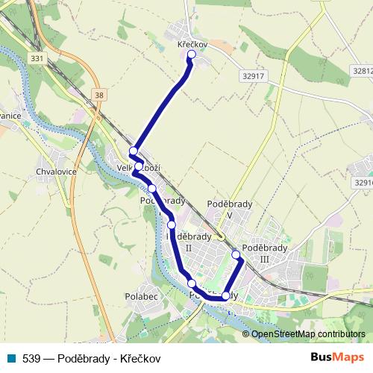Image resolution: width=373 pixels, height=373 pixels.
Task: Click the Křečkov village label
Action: point(191,45)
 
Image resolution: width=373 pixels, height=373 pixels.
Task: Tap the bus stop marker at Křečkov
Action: point(192,54)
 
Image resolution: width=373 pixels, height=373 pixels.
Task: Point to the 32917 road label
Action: point(254,75)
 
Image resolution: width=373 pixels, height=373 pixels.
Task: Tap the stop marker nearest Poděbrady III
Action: point(236,255)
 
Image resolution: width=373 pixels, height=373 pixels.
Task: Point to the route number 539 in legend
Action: point(30,357)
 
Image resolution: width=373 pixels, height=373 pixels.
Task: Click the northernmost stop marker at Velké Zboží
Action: point(133,152)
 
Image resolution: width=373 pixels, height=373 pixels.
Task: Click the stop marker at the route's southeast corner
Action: point(226,296)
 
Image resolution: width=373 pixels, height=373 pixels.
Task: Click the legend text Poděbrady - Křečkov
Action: point(107,357)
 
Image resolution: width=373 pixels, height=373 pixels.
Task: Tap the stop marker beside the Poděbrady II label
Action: point(172,225)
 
